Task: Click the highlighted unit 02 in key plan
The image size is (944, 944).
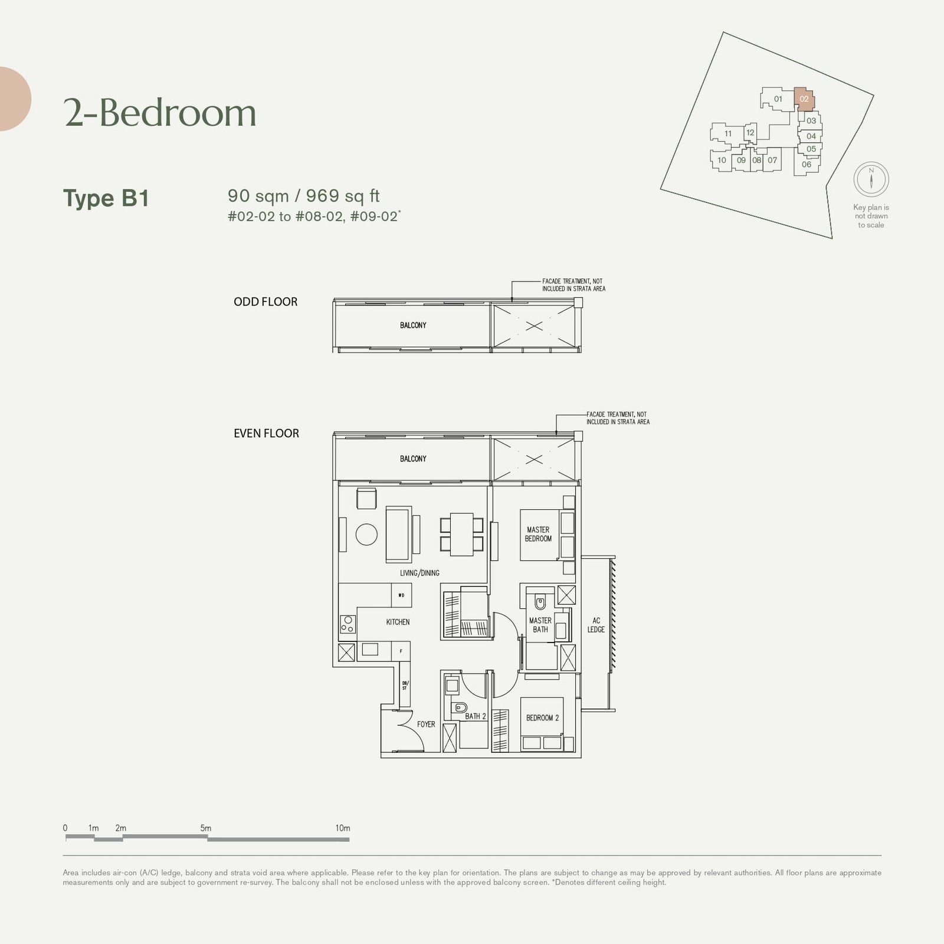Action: [804, 99]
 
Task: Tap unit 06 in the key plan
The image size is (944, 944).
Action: [806, 165]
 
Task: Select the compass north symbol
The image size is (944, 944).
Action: [871, 179]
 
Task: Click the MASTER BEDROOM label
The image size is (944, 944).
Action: [538, 534]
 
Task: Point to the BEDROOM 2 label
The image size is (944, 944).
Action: [542, 718]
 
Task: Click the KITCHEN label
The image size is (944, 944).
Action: [398, 622]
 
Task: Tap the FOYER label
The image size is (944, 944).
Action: [426, 724]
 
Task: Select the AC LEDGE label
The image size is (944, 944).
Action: [596, 625]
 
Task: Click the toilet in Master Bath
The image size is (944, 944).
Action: [540, 602]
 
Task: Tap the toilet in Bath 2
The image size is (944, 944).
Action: [460, 707]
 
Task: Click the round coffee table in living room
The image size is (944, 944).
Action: [366, 535]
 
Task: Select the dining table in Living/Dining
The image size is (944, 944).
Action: [461, 534]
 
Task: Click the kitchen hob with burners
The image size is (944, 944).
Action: [348, 624]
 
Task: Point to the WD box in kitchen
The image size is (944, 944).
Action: [401, 595]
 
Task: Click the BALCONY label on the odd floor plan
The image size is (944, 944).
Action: [413, 325]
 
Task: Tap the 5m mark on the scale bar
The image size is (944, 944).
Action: [206, 829]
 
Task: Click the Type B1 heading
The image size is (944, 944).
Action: [106, 198]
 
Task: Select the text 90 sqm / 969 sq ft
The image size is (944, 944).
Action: [304, 196]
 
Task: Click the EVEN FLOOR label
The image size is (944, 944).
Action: [266, 434]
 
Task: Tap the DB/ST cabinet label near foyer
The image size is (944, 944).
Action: [405, 686]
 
